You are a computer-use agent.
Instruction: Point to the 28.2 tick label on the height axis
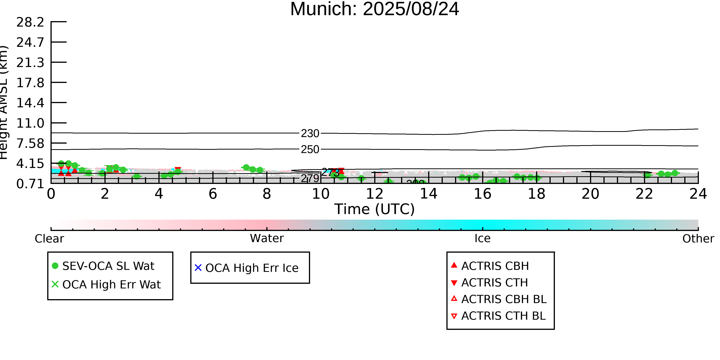pos(30,22)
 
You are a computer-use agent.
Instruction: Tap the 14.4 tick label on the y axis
pos(30,103)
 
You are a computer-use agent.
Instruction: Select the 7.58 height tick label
pos(30,143)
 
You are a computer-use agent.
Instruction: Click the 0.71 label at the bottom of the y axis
pos(30,184)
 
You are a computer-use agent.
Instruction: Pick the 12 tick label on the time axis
pos(375,194)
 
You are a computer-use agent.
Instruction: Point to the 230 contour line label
pos(310,134)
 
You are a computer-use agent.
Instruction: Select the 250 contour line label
pos(310,150)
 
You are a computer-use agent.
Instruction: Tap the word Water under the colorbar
pos(267,238)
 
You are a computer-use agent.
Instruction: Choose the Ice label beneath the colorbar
pos(482,238)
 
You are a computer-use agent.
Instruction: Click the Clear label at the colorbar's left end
pos(49,239)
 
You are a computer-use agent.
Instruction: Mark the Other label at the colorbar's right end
pos(698,239)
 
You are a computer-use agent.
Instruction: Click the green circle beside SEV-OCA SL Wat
pos(55,266)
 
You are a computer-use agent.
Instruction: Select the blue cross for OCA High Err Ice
pos(198,268)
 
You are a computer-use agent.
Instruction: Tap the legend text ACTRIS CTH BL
pos(503,316)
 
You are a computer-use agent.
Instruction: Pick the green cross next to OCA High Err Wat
pos(55,284)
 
